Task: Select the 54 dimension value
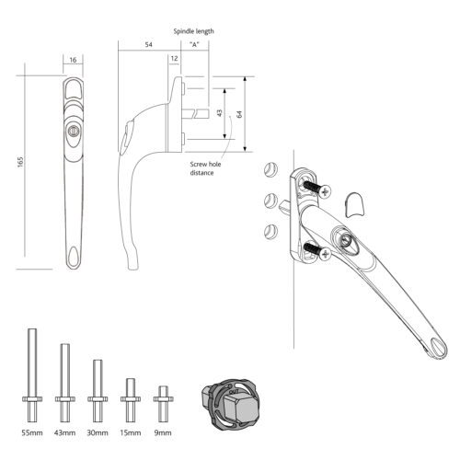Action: (148, 44)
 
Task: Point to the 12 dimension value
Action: (175, 60)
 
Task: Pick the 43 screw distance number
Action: (219, 112)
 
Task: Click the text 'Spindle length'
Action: (193, 30)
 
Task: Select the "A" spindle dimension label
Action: (193, 44)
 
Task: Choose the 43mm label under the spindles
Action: (66, 432)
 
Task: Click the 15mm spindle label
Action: (130, 432)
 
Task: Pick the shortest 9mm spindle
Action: (163, 399)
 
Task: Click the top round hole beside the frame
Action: (270, 169)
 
